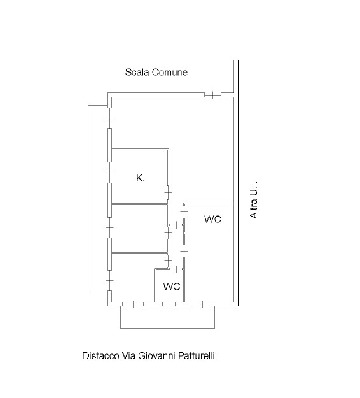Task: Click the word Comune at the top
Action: [x=170, y=72]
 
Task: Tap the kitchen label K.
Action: [x=140, y=178]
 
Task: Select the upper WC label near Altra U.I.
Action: [x=212, y=219]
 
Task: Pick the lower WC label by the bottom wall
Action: [x=172, y=287]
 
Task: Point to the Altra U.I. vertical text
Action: [x=254, y=200]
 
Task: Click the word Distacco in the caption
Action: [x=100, y=355]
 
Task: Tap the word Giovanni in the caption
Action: [x=156, y=355]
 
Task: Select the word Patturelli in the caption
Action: [x=197, y=355]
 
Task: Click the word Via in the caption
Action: [x=128, y=355]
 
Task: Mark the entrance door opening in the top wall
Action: [x=212, y=95]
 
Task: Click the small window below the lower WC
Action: [x=169, y=304]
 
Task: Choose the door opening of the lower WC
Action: [x=176, y=269]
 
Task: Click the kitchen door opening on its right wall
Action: [x=168, y=193]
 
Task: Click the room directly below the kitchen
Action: [x=140, y=229]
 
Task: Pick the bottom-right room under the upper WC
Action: [x=209, y=268]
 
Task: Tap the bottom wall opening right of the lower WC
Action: [x=202, y=304]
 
